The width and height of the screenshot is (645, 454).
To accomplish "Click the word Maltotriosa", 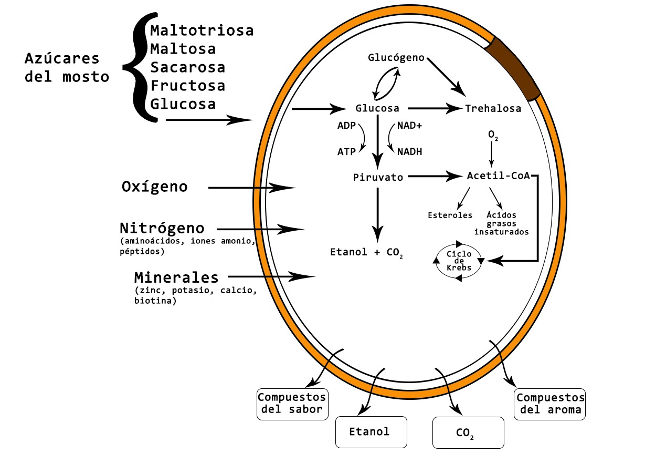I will [202, 30].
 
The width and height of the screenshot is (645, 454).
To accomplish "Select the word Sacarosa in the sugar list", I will [187, 67].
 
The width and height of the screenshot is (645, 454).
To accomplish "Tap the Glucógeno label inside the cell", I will [396, 57].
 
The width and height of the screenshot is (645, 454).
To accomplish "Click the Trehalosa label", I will [493, 109].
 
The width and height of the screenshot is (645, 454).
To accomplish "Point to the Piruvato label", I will [378, 178].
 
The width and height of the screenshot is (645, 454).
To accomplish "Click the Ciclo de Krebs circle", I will [459, 261].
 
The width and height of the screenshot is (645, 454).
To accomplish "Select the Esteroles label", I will [450, 215].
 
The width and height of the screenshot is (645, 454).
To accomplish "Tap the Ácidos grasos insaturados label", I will [501, 223].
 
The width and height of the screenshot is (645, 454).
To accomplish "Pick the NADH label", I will [409, 152].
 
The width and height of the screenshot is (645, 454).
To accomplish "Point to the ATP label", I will [346, 152].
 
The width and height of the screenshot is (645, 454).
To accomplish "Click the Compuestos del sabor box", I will [291, 404].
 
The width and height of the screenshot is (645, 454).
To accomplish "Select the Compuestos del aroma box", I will [549, 404].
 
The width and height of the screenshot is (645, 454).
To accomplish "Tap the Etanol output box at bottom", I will [371, 432].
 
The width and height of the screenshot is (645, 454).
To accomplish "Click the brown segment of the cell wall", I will [513, 69].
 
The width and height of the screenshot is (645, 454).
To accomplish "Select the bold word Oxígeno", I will [154, 187].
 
